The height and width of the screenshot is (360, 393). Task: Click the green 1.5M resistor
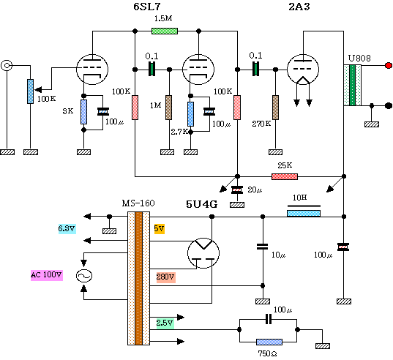point(165,31)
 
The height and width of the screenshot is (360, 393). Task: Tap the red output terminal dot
point(389,66)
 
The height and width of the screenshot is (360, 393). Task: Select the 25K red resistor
point(285,176)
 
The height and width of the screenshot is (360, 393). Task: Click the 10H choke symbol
point(304,213)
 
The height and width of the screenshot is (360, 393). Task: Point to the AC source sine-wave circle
point(84,276)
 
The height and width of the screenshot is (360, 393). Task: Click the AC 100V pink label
point(47,275)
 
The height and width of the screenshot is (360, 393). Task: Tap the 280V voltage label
point(165,277)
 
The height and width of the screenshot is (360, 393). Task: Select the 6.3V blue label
point(67,228)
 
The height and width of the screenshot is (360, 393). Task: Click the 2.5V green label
point(165,323)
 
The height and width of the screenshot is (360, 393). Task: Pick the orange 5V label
point(159,228)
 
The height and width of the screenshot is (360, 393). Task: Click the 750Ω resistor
point(269,342)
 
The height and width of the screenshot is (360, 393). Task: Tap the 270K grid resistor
point(275,108)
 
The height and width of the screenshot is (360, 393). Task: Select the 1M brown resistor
point(169,108)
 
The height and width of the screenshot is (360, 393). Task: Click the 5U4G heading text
point(202,204)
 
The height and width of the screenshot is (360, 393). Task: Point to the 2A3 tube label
point(299,7)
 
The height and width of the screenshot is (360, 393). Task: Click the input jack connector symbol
point(7,66)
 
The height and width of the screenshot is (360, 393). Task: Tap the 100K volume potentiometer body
point(30,91)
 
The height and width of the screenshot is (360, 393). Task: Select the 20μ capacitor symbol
point(237,190)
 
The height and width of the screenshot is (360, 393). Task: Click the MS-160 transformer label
point(138,203)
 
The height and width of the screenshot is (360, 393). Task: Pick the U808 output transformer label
point(359,59)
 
